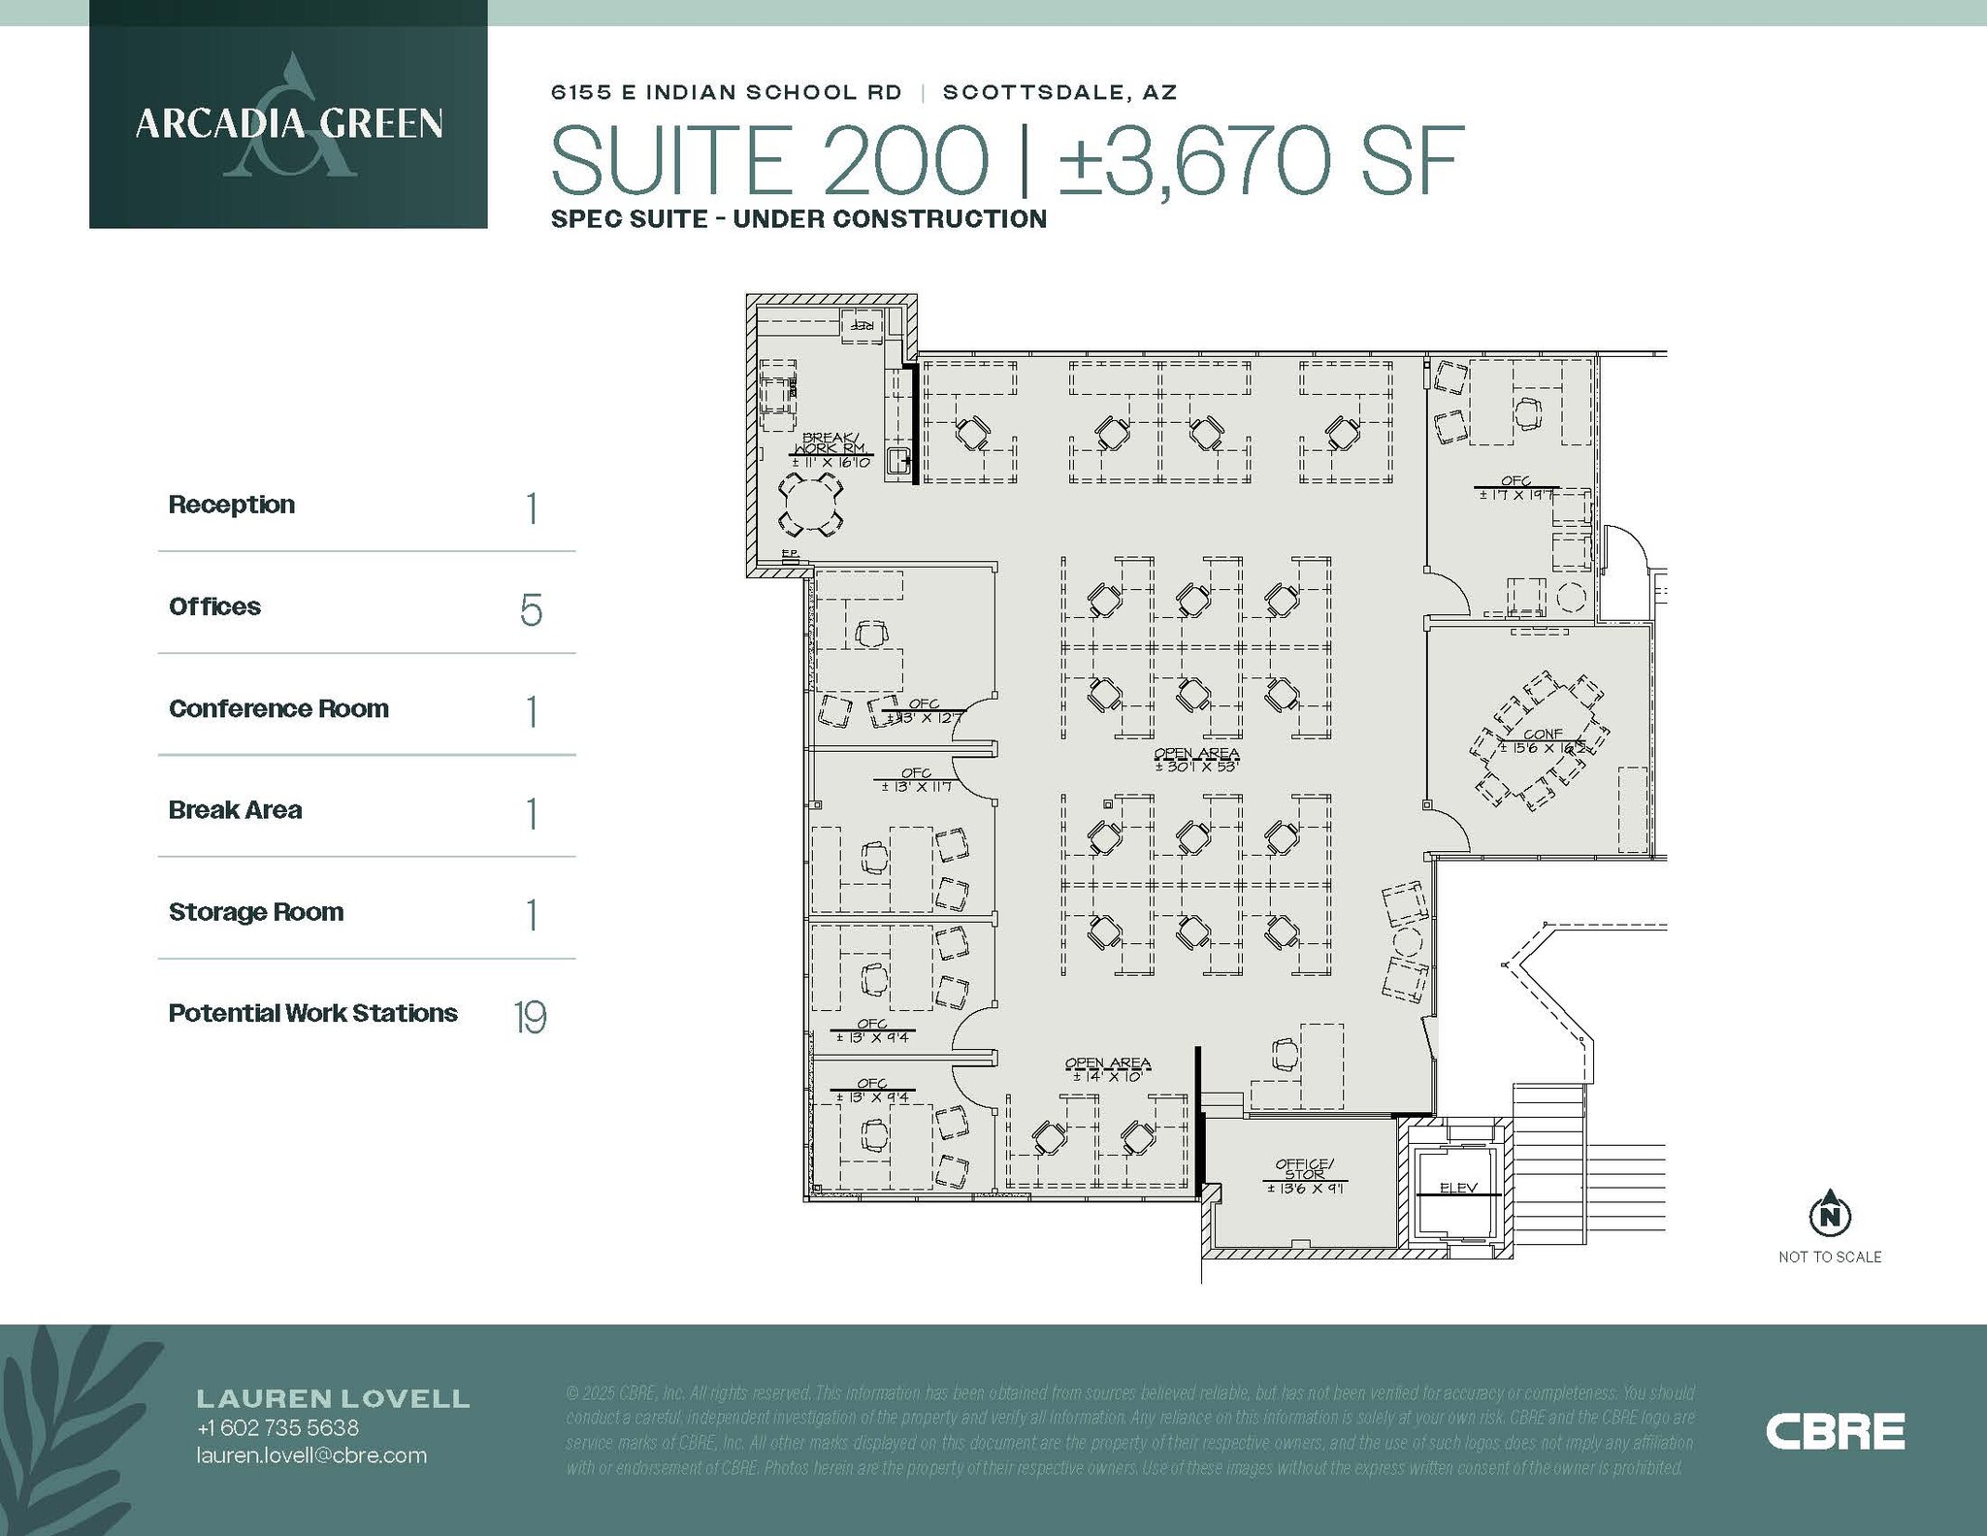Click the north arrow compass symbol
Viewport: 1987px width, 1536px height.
(1830, 1214)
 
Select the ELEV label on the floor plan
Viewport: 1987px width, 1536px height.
(1458, 1189)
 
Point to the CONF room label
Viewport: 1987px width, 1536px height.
(1543, 735)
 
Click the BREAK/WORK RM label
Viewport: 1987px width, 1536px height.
(831, 443)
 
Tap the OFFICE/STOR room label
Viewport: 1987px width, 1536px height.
(1305, 1169)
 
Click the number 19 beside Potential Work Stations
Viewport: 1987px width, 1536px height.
(530, 1017)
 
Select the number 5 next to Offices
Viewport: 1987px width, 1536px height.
(531, 609)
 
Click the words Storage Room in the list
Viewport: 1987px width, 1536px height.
(256, 912)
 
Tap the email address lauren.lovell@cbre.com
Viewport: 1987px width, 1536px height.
(311, 1455)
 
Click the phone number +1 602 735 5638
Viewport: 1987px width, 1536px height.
(277, 1428)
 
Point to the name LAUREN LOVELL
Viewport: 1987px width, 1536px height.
(333, 1398)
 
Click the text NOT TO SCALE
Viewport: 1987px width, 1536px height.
(1830, 1258)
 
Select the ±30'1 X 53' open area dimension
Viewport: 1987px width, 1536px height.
(1197, 767)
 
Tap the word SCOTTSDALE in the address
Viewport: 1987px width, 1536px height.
(1031, 92)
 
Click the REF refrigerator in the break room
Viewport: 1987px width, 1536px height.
(862, 324)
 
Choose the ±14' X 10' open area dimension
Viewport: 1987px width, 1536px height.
(1108, 1076)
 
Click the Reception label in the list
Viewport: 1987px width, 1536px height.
(232, 505)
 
